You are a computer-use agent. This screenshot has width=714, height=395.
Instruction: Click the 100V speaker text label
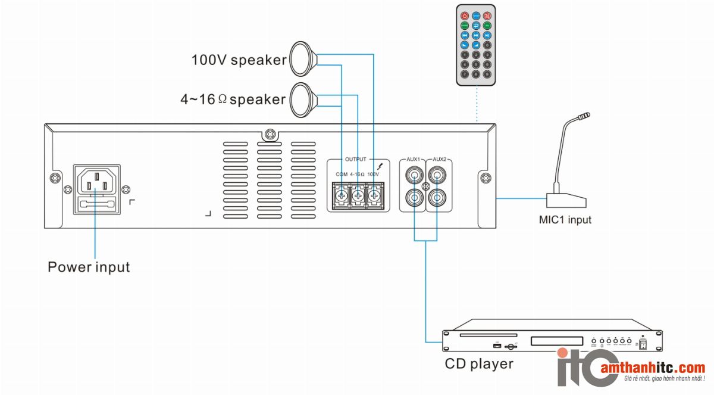click(x=239, y=60)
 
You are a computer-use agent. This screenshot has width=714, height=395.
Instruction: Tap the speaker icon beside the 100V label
click(x=304, y=58)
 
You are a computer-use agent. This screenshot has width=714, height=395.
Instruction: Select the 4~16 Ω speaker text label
click(x=233, y=99)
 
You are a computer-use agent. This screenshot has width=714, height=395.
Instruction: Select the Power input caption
click(x=89, y=267)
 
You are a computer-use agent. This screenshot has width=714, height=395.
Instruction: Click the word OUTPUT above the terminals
click(x=356, y=160)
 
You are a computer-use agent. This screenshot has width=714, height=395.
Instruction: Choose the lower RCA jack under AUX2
click(x=438, y=197)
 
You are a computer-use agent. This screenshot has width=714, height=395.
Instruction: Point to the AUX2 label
click(x=440, y=160)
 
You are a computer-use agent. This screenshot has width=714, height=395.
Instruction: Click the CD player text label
click(x=479, y=363)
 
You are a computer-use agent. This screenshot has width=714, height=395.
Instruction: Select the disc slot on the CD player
click(x=483, y=335)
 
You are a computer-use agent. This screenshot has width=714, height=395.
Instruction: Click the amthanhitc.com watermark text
click(x=653, y=368)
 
